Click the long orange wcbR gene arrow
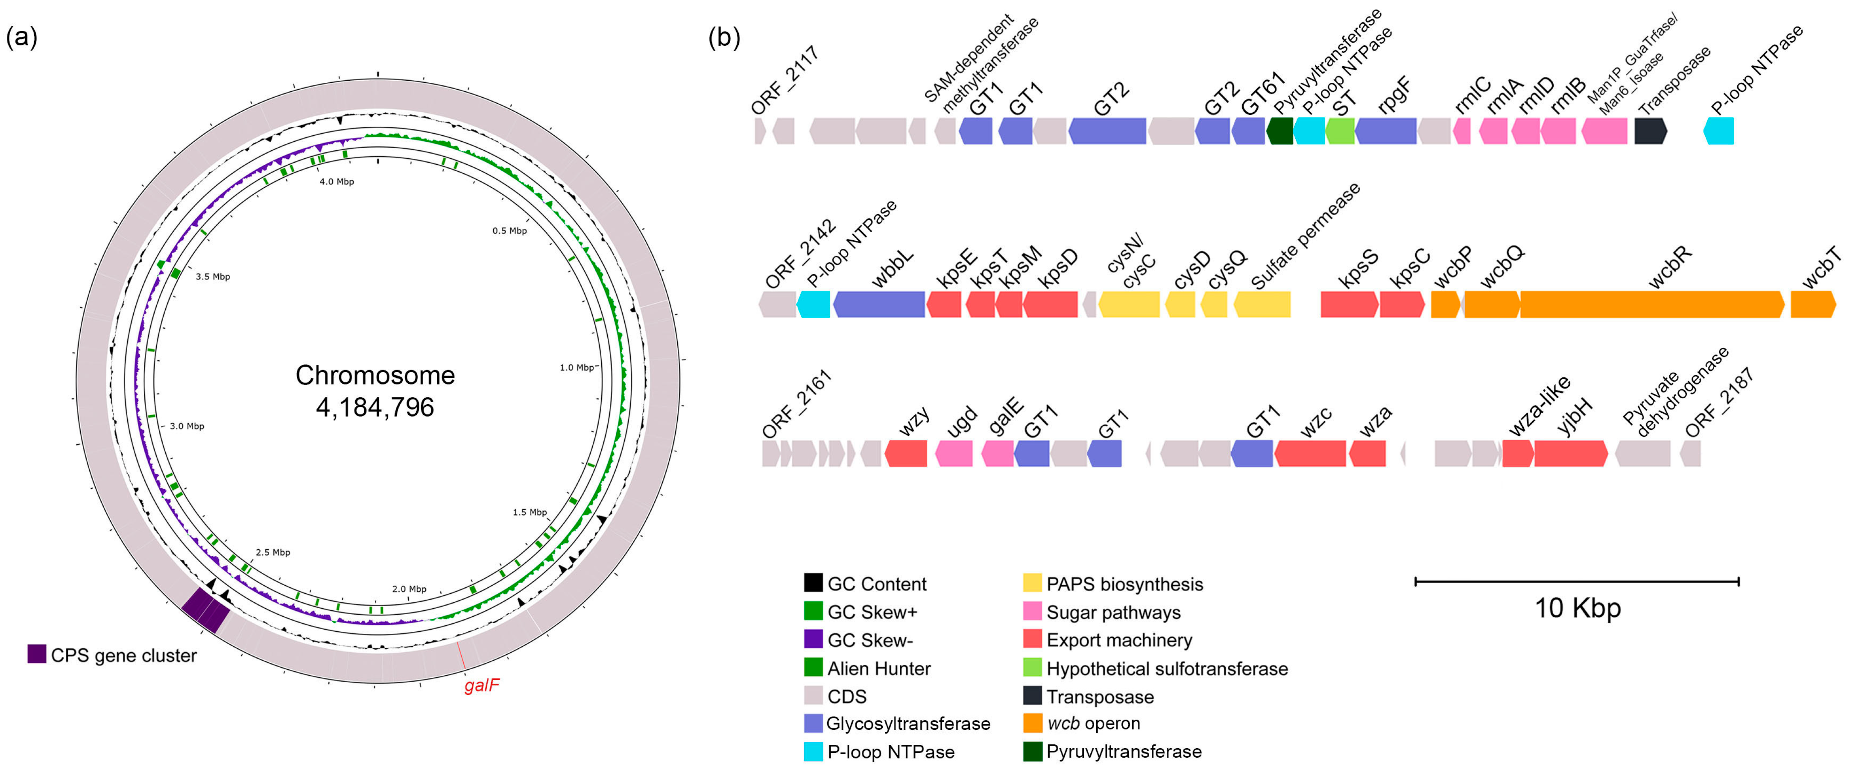(1652, 304)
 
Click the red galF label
(481, 685)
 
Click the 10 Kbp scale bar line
(1576, 581)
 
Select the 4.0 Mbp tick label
(336, 181)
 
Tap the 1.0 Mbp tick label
(577, 368)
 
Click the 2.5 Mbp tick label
(273, 552)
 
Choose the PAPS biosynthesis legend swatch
(1033, 583)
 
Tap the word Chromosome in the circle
(375, 375)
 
